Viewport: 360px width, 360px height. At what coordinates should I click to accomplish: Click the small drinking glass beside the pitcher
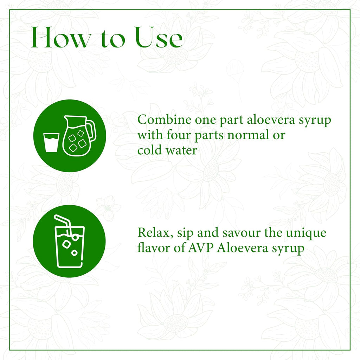(x=51, y=142)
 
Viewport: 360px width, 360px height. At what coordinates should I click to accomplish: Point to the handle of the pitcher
(x=91, y=130)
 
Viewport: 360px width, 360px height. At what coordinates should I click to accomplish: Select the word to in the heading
(x=113, y=39)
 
